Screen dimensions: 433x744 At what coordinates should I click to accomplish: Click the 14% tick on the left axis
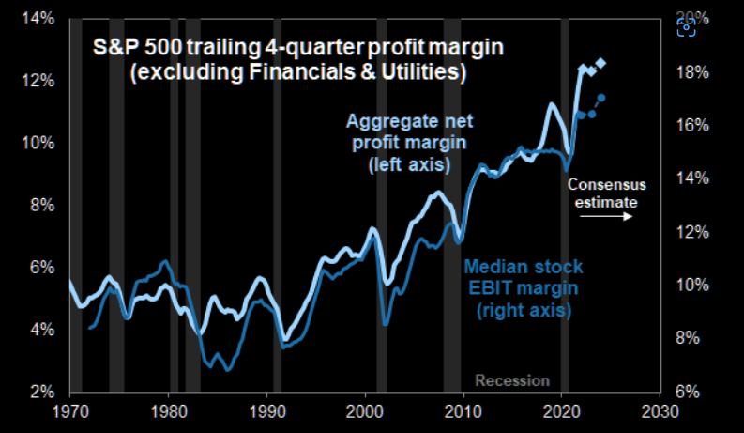pos(43,19)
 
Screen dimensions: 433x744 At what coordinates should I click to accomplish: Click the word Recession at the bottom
pos(511,380)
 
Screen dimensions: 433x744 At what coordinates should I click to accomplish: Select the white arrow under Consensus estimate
pos(604,217)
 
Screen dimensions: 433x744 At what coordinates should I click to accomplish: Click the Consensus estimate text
pos(603,193)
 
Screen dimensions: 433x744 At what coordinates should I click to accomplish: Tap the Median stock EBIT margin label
pos(524,287)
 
